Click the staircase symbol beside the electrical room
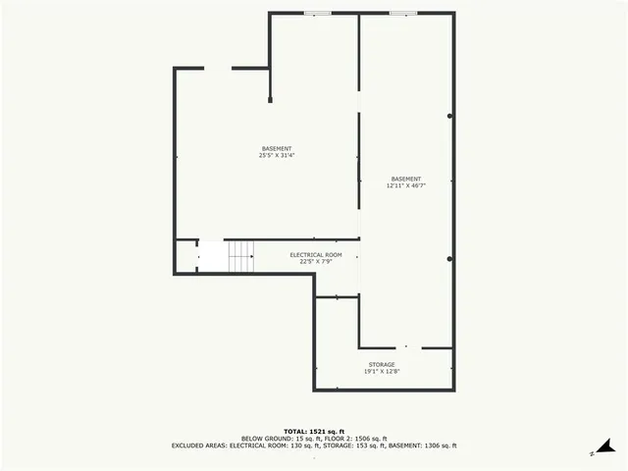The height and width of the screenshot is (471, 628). click(x=241, y=257)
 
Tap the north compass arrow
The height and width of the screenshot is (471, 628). click(x=610, y=446)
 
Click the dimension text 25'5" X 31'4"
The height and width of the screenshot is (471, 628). click(x=277, y=155)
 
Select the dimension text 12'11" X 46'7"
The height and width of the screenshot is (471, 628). click(x=405, y=185)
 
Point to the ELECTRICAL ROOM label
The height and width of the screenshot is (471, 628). click(x=315, y=254)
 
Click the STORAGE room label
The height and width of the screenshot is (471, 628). click(x=382, y=364)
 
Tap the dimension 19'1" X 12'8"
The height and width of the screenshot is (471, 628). click(x=382, y=372)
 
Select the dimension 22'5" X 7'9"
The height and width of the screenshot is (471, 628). click(x=315, y=262)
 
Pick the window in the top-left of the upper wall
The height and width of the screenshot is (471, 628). click(x=317, y=13)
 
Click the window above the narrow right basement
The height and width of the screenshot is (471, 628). click(x=402, y=13)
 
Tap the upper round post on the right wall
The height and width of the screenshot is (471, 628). click(x=450, y=116)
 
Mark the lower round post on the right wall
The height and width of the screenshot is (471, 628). click(x=450, y=259)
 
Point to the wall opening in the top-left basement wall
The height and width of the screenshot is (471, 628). click(x=218, y=68)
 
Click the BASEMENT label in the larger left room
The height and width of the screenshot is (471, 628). click(x=277, y=148)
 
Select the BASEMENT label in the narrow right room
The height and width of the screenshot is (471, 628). click(x=405, y=179)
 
